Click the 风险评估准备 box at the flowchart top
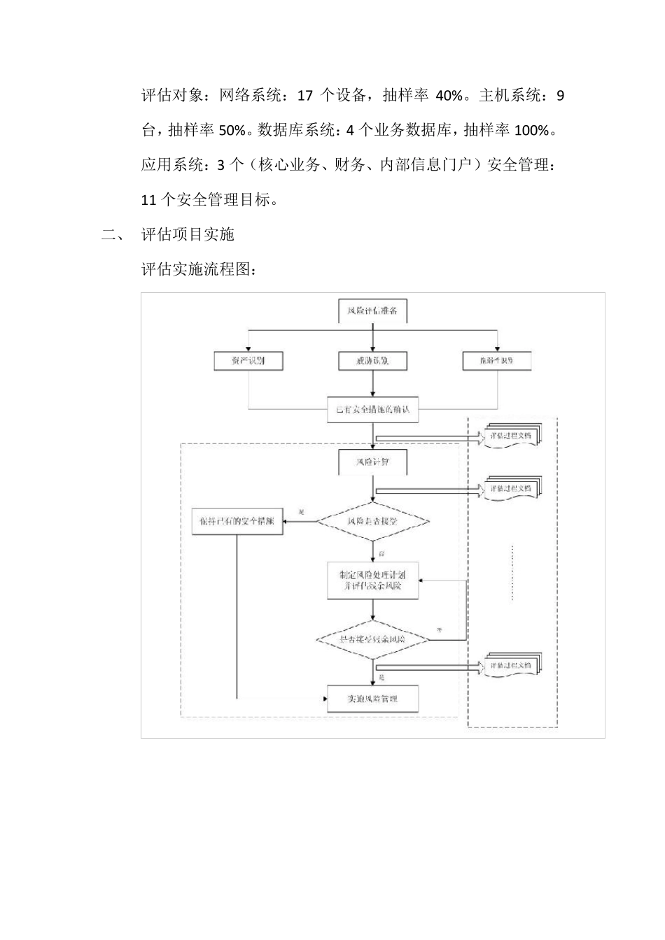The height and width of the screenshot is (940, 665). tap(372, 311)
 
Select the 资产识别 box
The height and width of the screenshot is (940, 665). tap(248, 361)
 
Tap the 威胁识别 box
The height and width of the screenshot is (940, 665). tap(372, 361)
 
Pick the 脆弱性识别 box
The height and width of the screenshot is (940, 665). tap(496, 361)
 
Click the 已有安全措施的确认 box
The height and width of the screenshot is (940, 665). tap(372, 409)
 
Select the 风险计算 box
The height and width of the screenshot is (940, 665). tap(372, 462)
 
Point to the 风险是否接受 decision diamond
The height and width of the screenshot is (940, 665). tap(372, 521)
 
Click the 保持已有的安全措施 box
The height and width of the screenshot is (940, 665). tap(237, 521)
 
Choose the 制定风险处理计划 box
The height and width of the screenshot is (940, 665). tap(372, 580)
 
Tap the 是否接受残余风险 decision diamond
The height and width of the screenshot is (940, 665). tap(372, 639)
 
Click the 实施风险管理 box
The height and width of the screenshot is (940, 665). tap(372, 699)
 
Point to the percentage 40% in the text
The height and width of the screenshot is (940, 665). tap(449, 96)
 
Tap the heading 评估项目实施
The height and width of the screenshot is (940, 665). tap(188, 234)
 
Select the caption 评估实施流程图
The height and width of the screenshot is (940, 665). tap(195, 269)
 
